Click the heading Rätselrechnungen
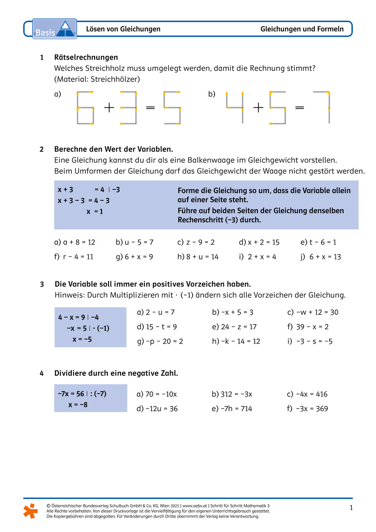point(86,57)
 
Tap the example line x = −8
point(78,405)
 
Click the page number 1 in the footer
point(351,507)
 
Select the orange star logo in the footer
point(30,510)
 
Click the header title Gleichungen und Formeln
point(302,29)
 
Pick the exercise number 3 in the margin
point(42,284)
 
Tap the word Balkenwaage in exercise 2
point(217,160)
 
